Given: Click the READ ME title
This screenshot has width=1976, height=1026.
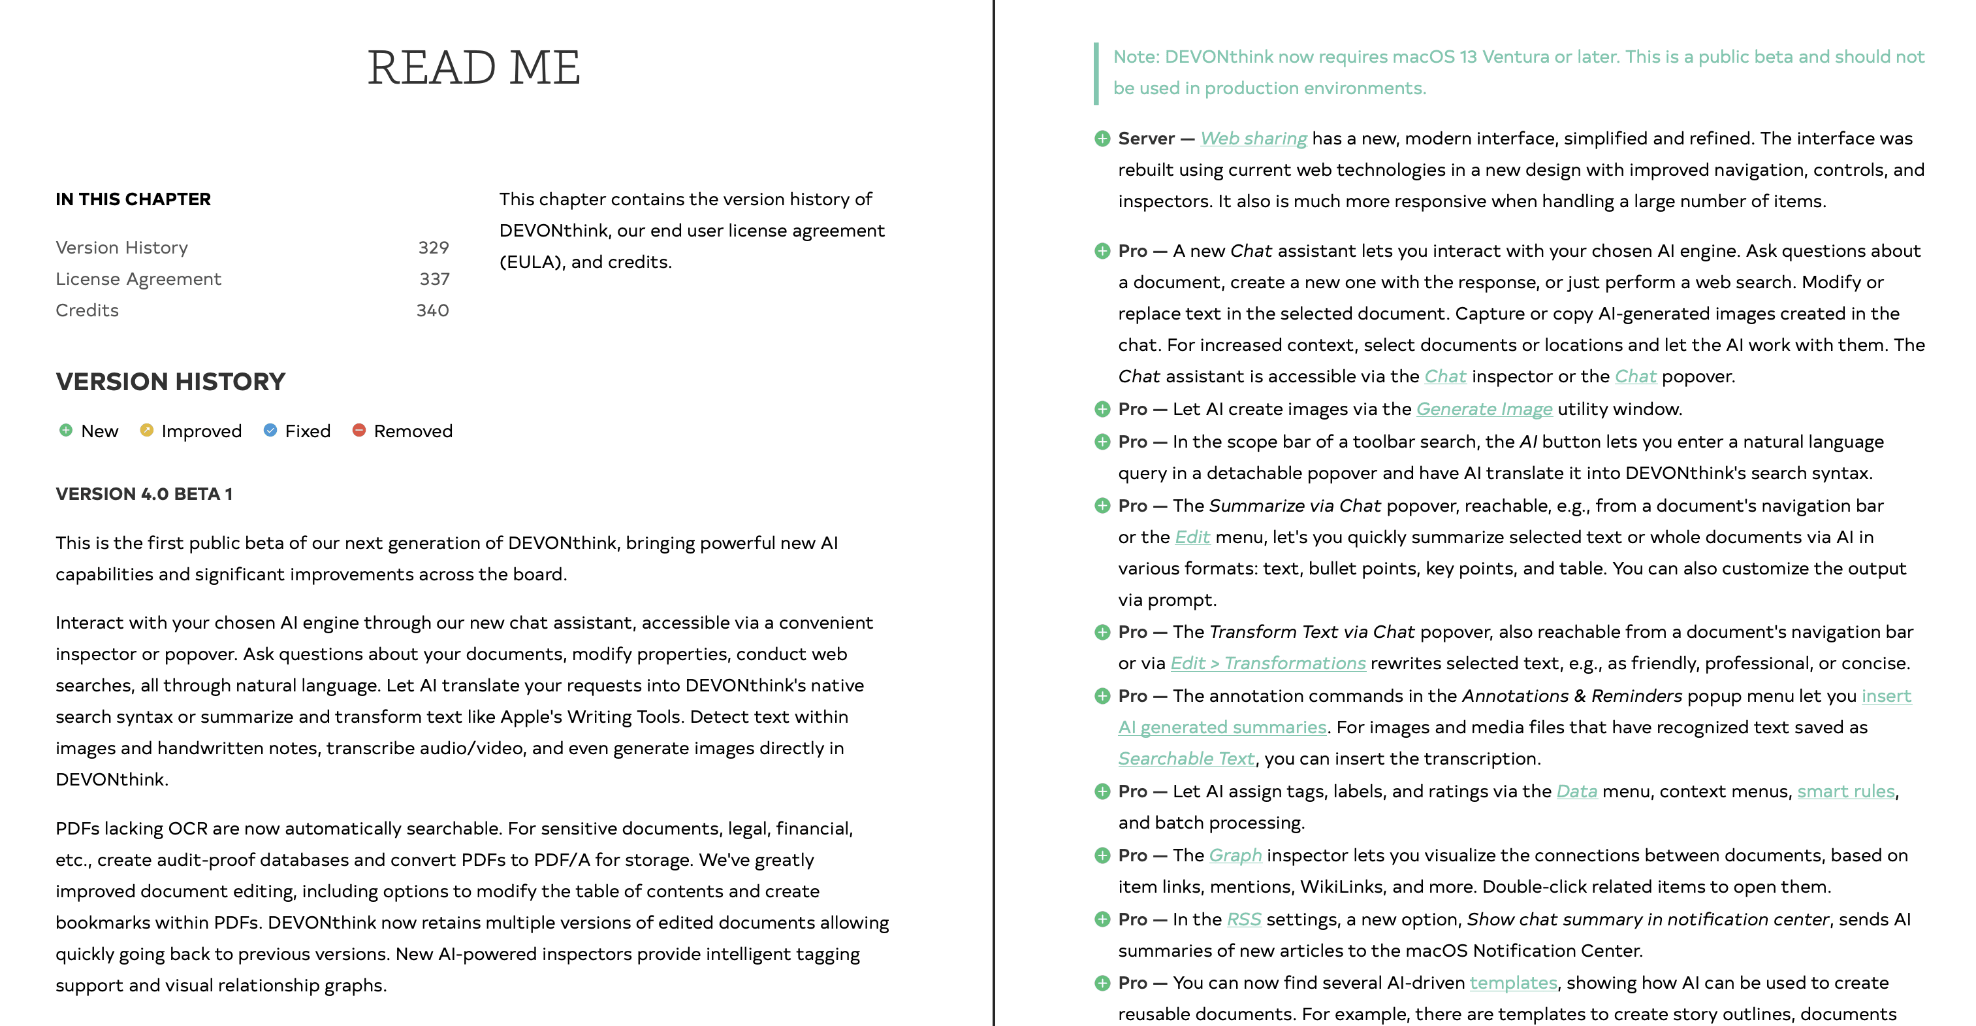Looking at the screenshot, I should (473, 67).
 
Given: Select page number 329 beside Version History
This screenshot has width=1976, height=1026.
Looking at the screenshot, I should (434, 248).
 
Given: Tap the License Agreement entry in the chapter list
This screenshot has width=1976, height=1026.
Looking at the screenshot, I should (138, 279).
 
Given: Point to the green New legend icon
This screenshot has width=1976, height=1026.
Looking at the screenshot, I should (66, 431).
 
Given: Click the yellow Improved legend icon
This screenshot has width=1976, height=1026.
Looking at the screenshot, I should (146, 431).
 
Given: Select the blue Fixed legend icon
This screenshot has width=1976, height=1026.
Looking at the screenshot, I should (270, 431).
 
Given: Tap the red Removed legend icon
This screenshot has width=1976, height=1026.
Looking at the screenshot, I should (359, 431).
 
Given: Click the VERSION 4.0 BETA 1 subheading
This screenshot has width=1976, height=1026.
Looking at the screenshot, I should (144, 494).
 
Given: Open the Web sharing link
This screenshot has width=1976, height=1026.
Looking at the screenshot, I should (1253, 139).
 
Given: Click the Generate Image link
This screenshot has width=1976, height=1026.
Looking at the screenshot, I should (1484, 409).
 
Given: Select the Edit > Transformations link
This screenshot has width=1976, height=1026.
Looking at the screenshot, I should (1268, 663).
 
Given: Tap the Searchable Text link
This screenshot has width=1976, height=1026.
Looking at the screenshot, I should (1186, 759).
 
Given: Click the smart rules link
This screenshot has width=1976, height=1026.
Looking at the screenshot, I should (1845, 791).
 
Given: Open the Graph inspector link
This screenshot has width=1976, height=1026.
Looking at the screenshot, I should (1235, 855).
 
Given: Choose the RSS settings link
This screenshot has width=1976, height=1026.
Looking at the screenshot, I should (1243, 919).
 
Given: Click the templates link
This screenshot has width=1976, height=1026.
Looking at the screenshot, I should (1512, 983).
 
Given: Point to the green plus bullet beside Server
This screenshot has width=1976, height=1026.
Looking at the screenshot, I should (1102, 139).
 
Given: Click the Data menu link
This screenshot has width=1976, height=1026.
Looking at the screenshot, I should (1576, 791).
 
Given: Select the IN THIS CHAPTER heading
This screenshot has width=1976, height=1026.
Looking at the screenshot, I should (133, 199).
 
